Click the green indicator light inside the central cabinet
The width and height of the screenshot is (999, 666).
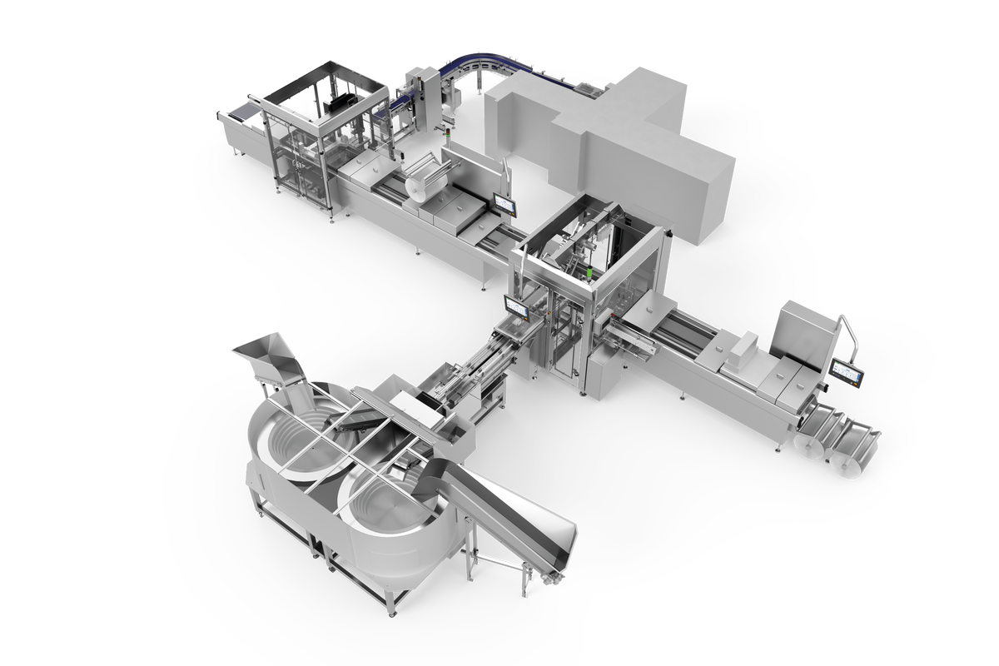(589, 272)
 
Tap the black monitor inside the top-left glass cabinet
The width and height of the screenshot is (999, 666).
(342, 103)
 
